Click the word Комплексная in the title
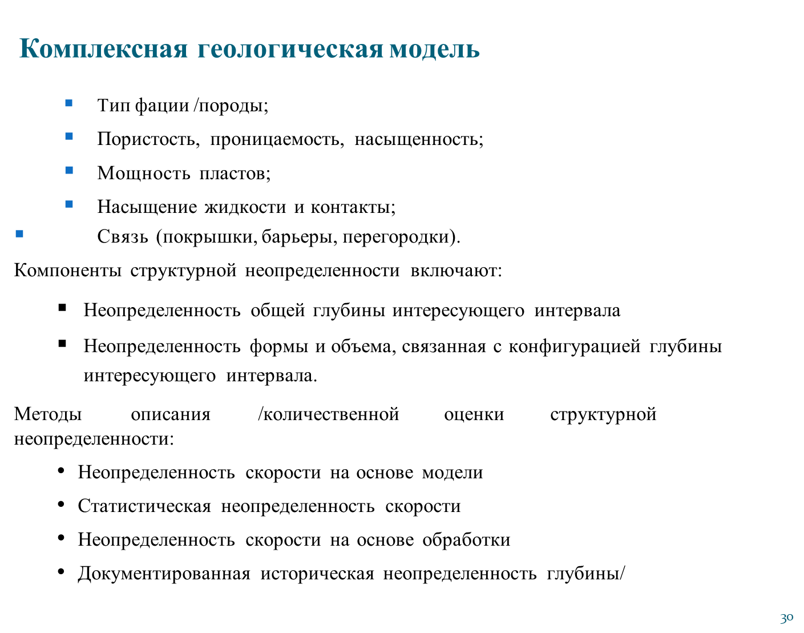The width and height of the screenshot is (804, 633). [x=103, y=49]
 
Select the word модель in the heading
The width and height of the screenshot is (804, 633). [x=434, y=49]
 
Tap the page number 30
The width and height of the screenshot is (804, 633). [x=786, y=618]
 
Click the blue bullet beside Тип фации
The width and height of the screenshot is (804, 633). [x=68, y=103]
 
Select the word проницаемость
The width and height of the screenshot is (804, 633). [x=277, y=140]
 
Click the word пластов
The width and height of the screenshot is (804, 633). [x=235, y=174]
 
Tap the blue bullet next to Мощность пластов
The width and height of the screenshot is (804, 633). [x=69, y=171]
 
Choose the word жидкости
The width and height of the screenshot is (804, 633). [x=245, y=207]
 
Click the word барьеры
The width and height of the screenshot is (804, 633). [x=297, y=237]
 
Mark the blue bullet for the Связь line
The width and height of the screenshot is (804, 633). [x=19, y=234]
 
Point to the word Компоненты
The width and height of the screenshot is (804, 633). [x=68, y=271]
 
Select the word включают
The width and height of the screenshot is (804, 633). [x=456, y=271]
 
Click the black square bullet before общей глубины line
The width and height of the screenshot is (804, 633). [x=62, y=308]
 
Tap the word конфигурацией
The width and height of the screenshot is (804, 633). [x=574, y=347]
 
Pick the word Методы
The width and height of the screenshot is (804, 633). [x=48, y=414]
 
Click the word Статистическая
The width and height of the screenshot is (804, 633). [x=144, y=506]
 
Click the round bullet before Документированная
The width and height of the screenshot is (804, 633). [x=62, y=572]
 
